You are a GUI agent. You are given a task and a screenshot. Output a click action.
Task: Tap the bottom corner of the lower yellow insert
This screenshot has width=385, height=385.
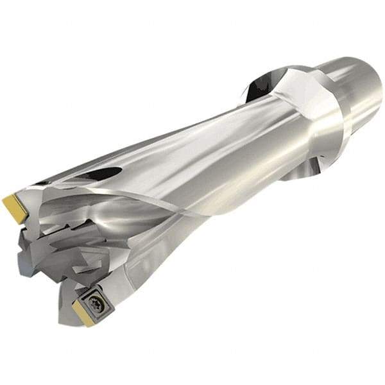click(87, 323)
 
